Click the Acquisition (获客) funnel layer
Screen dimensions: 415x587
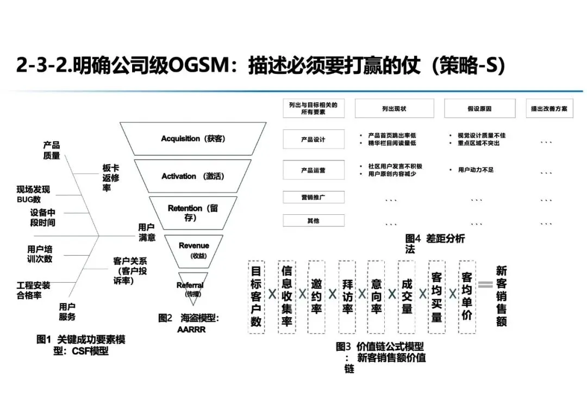tap(193, 139)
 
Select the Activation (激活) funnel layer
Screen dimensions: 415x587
tap(193, 176)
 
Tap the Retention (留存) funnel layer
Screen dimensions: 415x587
tap(193, 212)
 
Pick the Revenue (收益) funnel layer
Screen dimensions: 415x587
tap(193, 249)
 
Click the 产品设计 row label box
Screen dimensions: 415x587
tap(314, 139)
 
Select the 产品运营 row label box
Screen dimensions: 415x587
tap(314, 170)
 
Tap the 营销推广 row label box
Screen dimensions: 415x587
tap(314, 197)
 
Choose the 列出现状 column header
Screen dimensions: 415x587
tap(394, 109)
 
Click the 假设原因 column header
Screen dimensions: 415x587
tap(479, 109)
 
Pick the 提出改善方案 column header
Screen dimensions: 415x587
tap(549, 109)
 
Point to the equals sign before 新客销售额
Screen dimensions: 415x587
tap(485, 284)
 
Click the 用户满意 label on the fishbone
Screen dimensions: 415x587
tap(147, 232)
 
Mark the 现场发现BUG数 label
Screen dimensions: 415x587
tap(33, 194)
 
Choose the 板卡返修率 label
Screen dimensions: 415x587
tap(111, 177)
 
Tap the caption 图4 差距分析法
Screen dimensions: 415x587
tap(435, 243)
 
